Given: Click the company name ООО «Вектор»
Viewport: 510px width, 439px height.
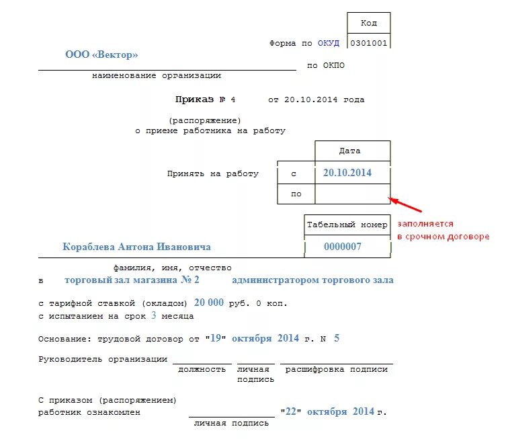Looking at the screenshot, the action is tap(101, 54).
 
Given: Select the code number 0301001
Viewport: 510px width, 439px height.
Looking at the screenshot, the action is tap(369, 43).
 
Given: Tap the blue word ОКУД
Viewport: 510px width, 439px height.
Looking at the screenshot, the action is tap(329, 43).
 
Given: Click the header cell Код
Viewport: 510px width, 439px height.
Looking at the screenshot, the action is tap(369, 23).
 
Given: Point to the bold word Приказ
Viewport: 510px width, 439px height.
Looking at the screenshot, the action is tap(194, 99).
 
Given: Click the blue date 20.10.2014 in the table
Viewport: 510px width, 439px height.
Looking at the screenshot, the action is tap(347, 173).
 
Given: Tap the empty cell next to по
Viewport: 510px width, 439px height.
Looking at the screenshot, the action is tap(352, 194).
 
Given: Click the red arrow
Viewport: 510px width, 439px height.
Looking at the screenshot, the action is tap(407, 204).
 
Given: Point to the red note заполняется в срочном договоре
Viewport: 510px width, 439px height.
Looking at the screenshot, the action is tap(443, 230).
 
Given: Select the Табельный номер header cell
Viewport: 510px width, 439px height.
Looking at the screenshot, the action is tap(347, 225).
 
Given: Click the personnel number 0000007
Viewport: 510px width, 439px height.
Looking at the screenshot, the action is tap(343, 247).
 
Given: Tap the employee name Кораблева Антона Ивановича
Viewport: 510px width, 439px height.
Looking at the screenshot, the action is tap(136, 247).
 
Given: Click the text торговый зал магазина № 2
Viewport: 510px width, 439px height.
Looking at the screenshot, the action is tap(132, 280).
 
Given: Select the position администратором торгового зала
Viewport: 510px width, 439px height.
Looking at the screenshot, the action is tap(312, 280).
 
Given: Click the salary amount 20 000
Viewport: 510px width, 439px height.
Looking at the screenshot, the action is tap(208, 303).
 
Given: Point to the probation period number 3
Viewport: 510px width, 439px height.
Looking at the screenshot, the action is tap(154, 315).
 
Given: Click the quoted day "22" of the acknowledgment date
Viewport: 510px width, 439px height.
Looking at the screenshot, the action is tap(292, 411).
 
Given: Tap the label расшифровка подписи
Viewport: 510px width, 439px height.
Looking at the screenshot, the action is tap(337, 369).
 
